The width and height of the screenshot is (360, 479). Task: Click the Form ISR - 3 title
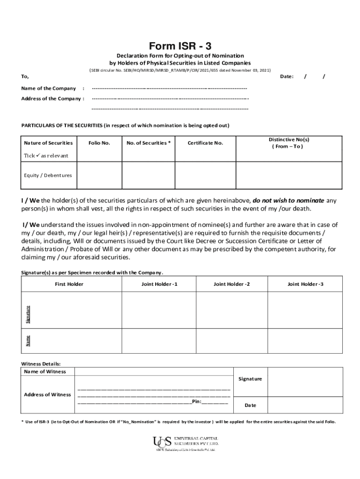[x=180, y=46]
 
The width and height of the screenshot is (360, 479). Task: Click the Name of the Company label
[x=49, y=88]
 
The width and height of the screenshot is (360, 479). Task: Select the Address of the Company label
[x=52, y=99]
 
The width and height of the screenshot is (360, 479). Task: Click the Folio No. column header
[x=99, y=143]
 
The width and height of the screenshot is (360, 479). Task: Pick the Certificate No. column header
[x=205, y=143]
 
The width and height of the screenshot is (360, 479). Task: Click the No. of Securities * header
[x=148, y=143]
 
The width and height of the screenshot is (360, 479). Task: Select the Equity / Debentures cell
[x=48, y=175]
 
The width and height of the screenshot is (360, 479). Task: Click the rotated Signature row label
[x=28, y=314]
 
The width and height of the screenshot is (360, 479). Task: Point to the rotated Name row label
[x=28, y=341]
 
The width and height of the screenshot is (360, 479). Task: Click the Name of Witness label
[x=45, y=371]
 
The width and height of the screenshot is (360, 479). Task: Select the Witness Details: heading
[x=41, y=363]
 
